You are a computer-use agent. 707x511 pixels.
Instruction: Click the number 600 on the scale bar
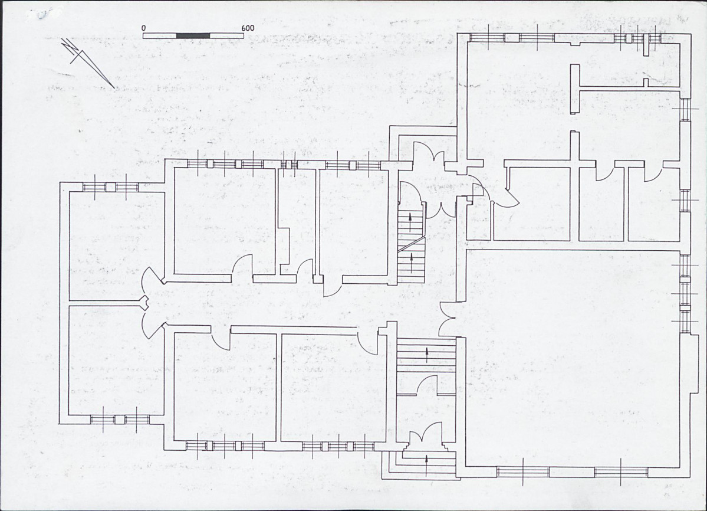click(x=248, y=28)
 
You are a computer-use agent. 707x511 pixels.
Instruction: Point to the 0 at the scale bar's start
click(x=143, y=28)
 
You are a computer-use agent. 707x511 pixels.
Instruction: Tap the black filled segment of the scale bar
click(x=193, y=35)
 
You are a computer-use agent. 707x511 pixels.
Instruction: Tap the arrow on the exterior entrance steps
click(x=426, y=464)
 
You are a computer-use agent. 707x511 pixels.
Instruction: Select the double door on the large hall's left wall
click(x=446, y=319)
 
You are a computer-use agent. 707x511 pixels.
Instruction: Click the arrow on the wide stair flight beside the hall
click(x=427, y=355)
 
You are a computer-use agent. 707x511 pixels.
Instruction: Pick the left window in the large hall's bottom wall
click(x=523, y=472)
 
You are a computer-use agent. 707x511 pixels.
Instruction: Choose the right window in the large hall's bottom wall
click(x=621, y=472)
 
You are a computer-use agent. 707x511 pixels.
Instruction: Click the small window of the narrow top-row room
click(x=288, y=164)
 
